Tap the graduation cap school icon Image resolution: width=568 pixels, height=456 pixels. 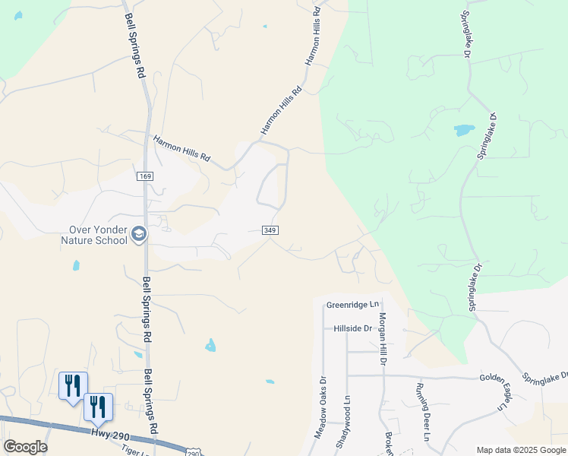point(139,235)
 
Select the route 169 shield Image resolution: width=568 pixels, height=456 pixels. point(144,176)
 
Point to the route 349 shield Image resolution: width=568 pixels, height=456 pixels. point(270,230)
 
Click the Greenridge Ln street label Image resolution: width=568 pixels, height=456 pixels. point(352,305)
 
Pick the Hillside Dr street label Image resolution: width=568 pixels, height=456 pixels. point(353,329)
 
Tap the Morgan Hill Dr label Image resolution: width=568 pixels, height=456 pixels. point(383,339)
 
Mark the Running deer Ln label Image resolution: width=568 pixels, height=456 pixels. point(423,411)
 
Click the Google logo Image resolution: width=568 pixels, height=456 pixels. point(25,447)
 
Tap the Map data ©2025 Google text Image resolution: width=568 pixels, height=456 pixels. point(520,450)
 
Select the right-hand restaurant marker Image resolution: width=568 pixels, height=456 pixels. point(98,406)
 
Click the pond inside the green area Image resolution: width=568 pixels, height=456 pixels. point(463,129)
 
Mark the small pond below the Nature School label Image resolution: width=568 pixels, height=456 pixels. point(75,265)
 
